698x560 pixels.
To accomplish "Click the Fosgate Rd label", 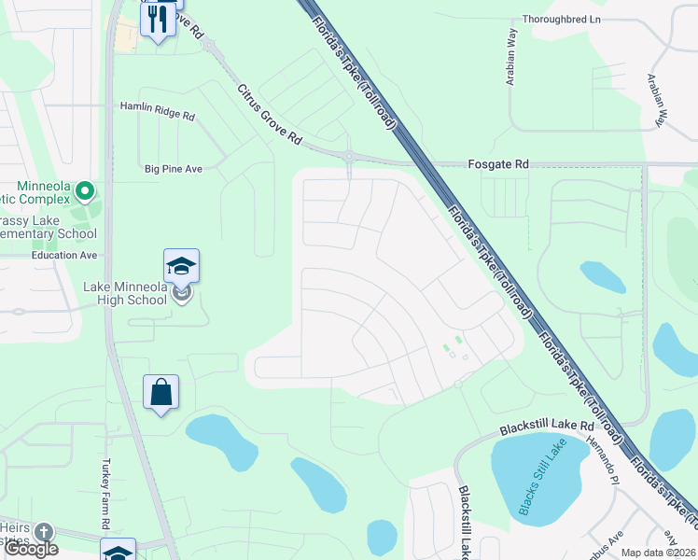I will click(x=498, y=164).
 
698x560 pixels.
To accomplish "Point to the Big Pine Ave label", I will click(x=174, y=169).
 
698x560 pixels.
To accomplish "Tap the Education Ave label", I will click(x=63, y=255).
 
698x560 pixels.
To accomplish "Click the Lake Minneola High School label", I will click(x=125, y=293).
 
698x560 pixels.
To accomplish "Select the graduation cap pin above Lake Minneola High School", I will click(x=181, y=268).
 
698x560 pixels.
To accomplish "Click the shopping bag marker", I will click(x=161, y=393).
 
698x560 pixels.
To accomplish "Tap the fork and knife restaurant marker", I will click(x=158, y=19).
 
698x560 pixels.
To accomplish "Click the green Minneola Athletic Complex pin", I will click(x=85, y=192).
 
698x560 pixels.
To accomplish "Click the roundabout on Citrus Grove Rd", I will click(x=348, y=156).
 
